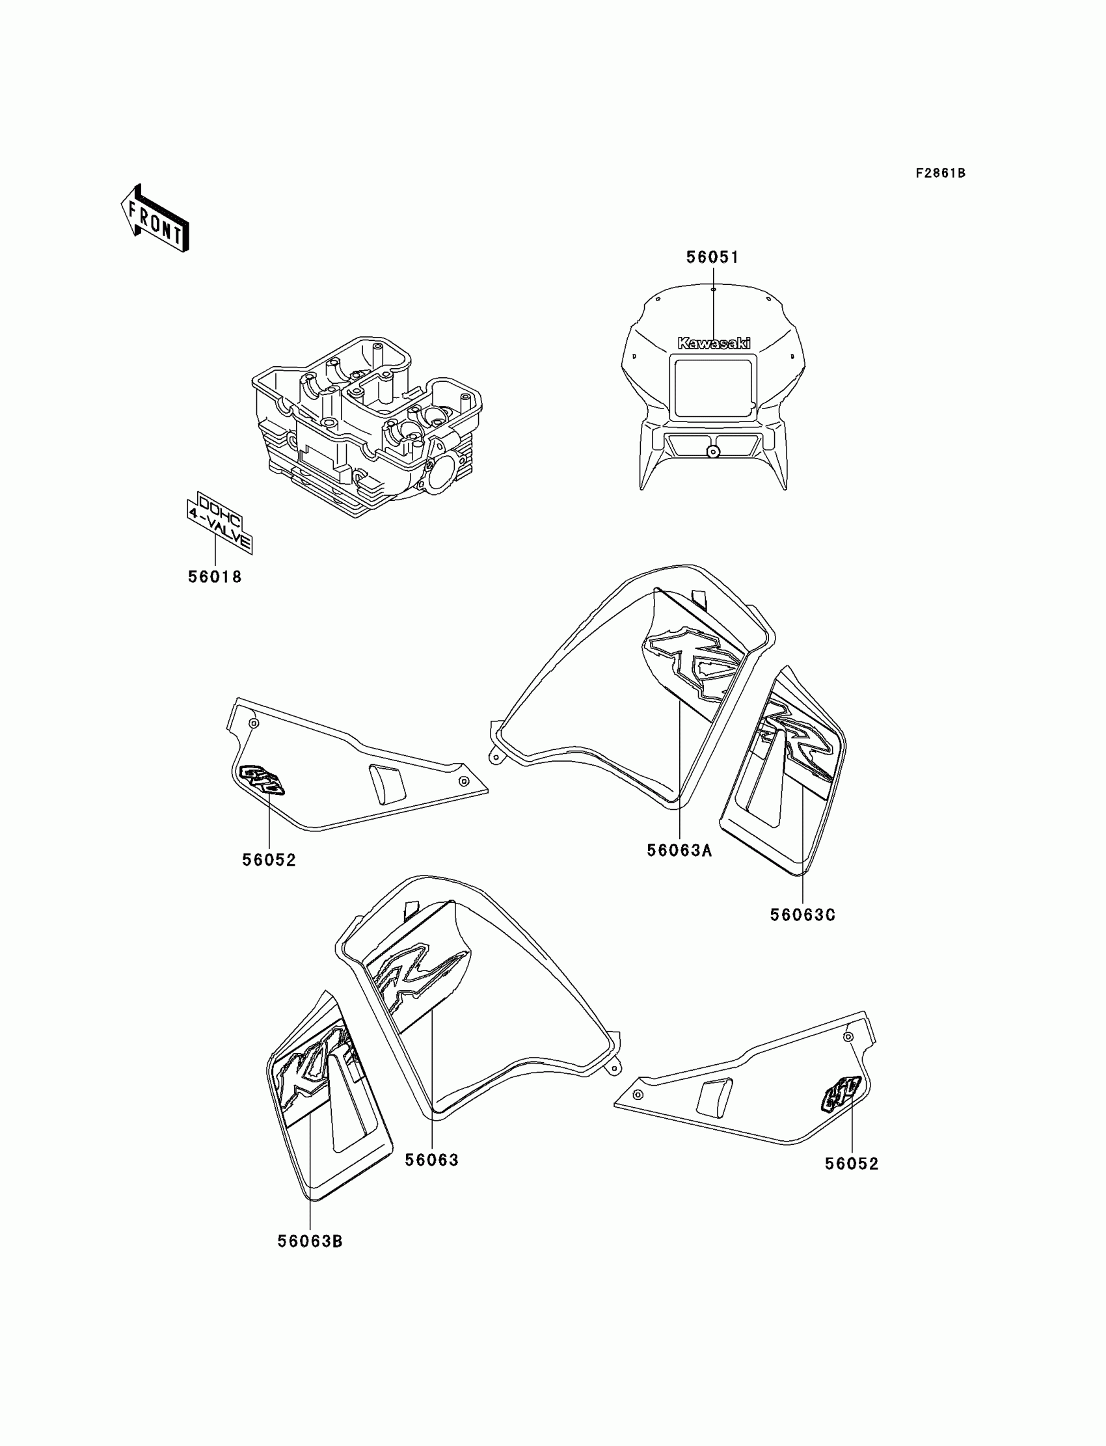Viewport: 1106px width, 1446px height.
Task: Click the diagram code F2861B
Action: tap(939, 173)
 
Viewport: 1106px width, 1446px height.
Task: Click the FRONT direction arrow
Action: tap(155, 219)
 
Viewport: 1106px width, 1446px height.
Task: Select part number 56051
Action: tap(712, 258)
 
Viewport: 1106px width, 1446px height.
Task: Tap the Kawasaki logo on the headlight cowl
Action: tap(714, 343)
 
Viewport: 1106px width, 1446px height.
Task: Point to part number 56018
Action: tap(215, 577)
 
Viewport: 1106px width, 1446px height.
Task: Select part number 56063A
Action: tap(679, 850)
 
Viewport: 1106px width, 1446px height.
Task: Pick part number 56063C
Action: tap(803, 915)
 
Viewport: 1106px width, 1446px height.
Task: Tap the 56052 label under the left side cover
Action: tap(269, 859)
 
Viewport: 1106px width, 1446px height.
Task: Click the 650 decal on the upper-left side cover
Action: tap(263, 779)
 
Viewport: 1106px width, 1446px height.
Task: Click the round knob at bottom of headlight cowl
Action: tap(712, 451)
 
